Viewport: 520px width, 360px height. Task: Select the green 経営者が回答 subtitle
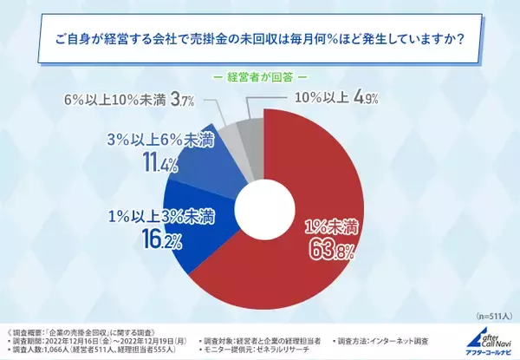pyautogui.click(x=260, y=77)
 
